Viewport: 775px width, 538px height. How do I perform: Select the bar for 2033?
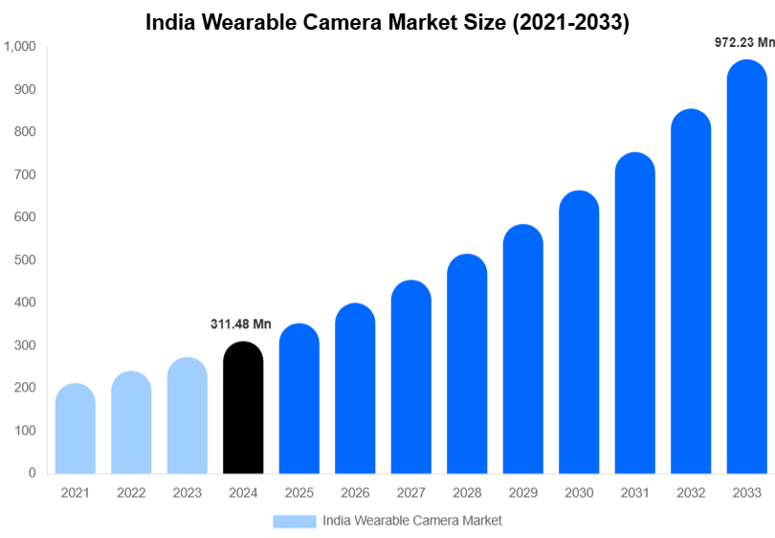[x=746, y=268]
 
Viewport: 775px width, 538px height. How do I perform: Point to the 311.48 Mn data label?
[x=241, y=325]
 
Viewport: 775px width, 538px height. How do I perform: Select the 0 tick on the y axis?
[x=32, y=473]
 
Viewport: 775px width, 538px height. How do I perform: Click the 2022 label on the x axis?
[x=131, y=493]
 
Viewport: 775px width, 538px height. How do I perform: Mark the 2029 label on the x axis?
[x=522, y=493]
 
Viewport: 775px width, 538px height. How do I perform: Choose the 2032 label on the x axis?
[x=691, y=493]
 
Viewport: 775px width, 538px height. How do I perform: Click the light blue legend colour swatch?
[x=294, y=521]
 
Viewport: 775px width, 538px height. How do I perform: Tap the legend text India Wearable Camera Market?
[x=412, y=521]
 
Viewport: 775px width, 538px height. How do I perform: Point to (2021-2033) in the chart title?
[x=571, y=23]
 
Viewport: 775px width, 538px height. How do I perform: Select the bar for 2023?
[x=188, y=415]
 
